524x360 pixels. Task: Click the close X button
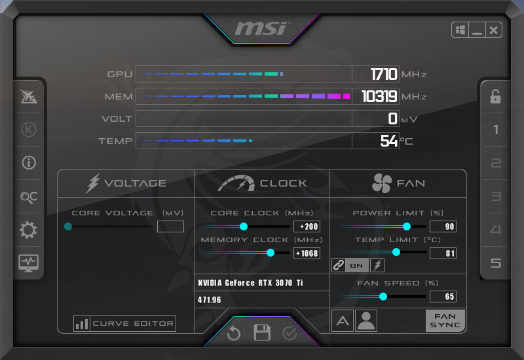(x=493, y=30)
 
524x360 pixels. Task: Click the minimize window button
(x=477, y=30)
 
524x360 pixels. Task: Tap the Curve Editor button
(x=124, y=323)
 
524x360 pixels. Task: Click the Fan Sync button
(x=445, y=320)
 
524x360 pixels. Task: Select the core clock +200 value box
(x=307, y=226)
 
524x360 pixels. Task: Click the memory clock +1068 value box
(x=307, y=253)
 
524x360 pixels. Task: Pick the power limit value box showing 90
(x=443, y=226)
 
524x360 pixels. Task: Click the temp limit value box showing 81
(x=443, y=253)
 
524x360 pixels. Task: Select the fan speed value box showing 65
(x=443, y=297)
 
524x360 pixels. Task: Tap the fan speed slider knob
(x=383, y=297)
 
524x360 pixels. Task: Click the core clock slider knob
(x=244, y=226)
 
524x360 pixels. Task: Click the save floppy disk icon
(x=262, y=333)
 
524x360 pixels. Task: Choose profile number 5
(x=496, y=263)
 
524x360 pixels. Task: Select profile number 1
(x=496, y=130)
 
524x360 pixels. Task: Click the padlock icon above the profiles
(x=496, y=97)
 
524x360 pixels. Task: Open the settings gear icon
(x=29, y=230)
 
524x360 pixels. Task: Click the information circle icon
(x=29, y=163)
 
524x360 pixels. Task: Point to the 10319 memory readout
(x=379, y=97)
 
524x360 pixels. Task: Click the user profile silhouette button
(x=366, y=320)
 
